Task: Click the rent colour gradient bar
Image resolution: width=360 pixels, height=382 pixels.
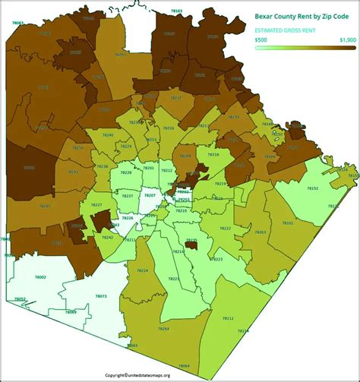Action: pos(304,48)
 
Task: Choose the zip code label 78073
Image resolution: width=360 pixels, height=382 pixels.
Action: pos(101,295)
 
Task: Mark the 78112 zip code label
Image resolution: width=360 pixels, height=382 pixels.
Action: pos(228,318)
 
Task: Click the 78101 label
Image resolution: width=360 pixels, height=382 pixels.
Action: pos(288,223)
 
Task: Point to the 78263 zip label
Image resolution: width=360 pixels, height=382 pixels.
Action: pos(261,232)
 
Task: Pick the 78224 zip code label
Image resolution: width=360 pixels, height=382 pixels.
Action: pos(142,270)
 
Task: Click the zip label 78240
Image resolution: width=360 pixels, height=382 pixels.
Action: pos(108,135)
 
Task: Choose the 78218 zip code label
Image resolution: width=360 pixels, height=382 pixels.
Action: pos(213,154)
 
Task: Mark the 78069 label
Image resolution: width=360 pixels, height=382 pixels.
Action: pos(71,312)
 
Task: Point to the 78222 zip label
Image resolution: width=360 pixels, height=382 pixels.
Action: pos(225,228)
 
